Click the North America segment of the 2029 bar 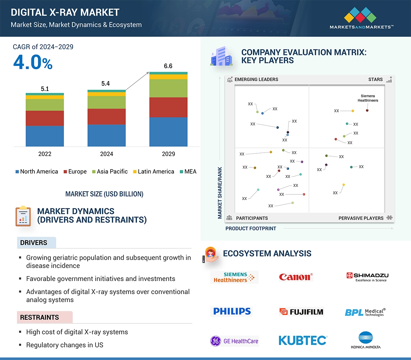[168, 132]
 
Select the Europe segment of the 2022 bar [45, 118]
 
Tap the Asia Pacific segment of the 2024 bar [106, 102]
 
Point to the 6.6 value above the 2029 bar [168, 66]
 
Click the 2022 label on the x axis [45, 154]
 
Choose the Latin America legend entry [153, 172]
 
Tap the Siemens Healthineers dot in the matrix [367, 111]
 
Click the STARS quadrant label [376, 79]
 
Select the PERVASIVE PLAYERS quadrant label [361, 218]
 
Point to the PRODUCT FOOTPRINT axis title [251, 228]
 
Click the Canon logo [296, 277]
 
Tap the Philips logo [232, 311]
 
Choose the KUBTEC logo [303, 340]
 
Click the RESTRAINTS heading [39, 318]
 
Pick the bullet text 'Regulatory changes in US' [65, 345]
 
